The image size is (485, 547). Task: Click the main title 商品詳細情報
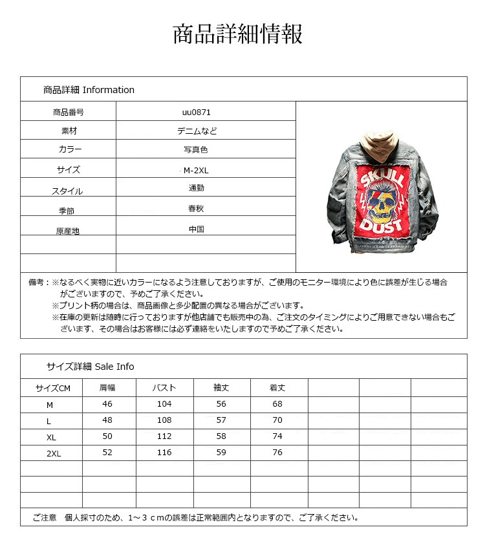tap(238, 34)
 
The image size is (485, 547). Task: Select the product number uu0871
tap(196, 112)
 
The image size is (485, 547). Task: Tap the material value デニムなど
tap(197, 131)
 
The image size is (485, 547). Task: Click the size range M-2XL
tap(197, 171)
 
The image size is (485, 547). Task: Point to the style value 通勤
tap(197, 188)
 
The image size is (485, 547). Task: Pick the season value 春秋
tap(197, 209)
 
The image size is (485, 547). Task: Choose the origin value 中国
tap(197, 229)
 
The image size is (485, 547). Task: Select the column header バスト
tap(164, 388)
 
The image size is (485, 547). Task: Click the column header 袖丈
tap(221, 388)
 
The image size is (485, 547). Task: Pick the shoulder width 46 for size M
tap(107, 404)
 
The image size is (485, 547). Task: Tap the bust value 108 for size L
tap(164, 420)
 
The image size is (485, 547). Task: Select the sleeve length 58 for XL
tap(221, 436)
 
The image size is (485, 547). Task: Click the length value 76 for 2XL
tap(277, 453)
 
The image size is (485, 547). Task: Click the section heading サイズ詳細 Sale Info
tap(90, 367)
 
